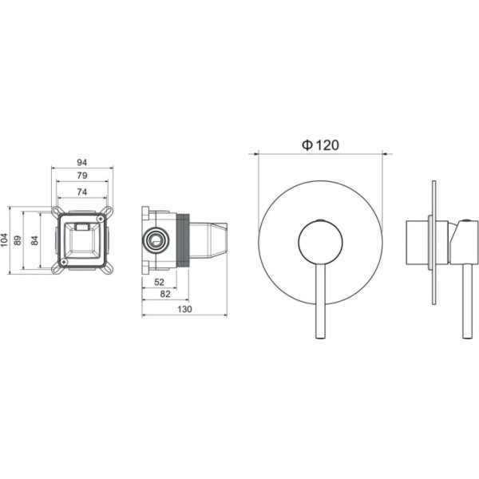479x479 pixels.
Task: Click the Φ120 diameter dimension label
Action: tap(320, 145)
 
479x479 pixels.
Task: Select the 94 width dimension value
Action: tap(82, 163)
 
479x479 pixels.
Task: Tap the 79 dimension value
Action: tap(82, 176)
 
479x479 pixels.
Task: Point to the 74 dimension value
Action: tap(82, 192)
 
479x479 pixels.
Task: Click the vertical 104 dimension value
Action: tap(4, 240)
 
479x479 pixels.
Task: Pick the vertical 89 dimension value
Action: tap(18, 240)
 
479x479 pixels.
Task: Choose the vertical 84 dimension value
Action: tap(35, 240)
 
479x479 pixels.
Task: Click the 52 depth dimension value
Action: tap(159, 282)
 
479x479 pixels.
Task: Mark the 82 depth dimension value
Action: tap(165, 294)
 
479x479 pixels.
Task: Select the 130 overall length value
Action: tap(184, 309)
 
